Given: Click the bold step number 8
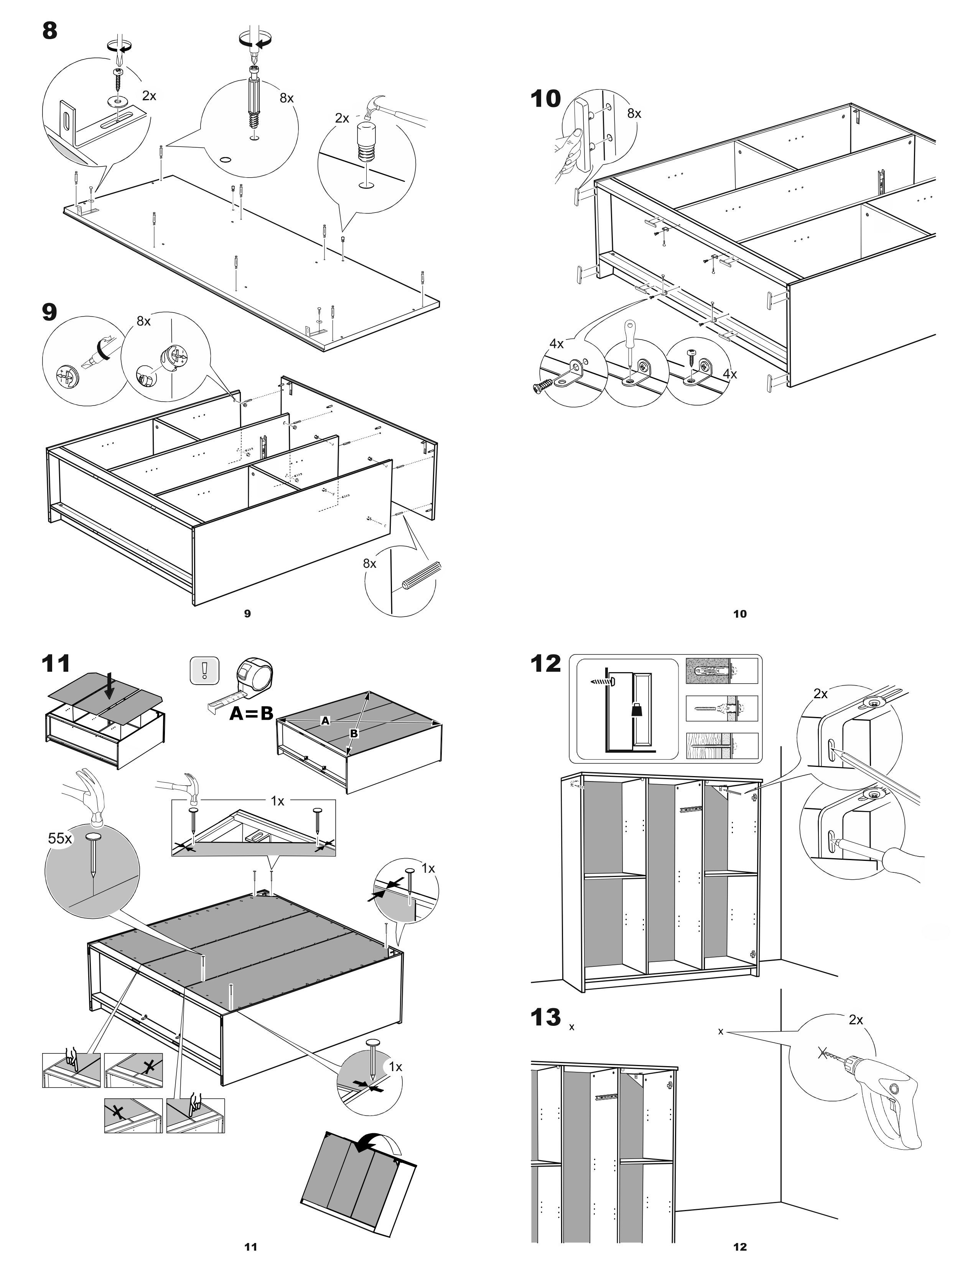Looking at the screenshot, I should [x=50, y=30].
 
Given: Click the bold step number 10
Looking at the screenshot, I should [x=546, y=99].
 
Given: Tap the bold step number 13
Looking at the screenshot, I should [x=546, y=1017].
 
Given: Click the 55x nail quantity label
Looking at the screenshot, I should [x=60, y=838].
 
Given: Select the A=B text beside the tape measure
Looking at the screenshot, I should [x=251, y=714].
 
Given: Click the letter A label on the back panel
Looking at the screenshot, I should [x=326, y=720].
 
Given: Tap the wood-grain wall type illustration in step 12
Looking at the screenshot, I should [x=721, y=746].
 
